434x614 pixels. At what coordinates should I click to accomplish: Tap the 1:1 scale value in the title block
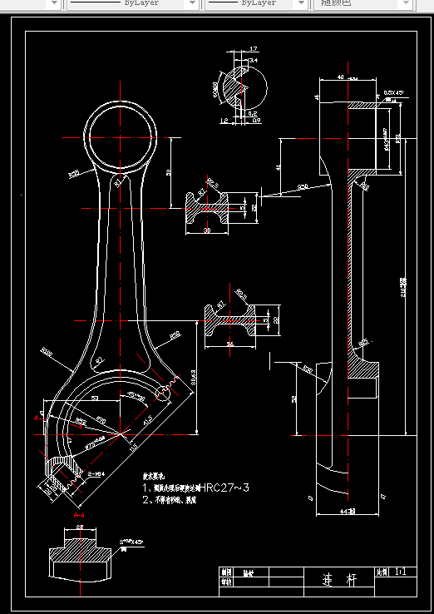402,573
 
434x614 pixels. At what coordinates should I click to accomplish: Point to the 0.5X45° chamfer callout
393,92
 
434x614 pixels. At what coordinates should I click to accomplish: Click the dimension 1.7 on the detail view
253,50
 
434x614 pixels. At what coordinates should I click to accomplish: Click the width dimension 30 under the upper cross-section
207,230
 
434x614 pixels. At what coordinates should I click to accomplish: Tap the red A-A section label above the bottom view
80,516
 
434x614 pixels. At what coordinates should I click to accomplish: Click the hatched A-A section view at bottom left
81,554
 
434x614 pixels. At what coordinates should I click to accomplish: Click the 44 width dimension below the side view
350,511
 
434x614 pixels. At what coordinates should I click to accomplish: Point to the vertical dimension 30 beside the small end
170,172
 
